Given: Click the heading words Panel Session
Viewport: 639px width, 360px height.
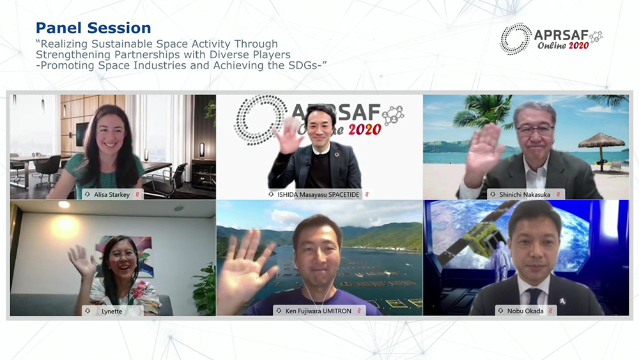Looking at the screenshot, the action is click(x=93, y=27).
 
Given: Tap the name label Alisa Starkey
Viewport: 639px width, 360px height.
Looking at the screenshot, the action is click(x=112, y=194).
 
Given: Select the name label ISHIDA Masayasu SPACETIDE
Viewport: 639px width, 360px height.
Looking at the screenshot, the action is click(x=318, y=194).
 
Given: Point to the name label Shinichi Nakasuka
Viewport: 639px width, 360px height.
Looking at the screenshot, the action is click(x=525, y=194).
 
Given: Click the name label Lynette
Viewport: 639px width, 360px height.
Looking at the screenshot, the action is click(x=112, y=311).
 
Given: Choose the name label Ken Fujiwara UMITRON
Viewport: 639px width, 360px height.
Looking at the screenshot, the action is click(x=318, y=311).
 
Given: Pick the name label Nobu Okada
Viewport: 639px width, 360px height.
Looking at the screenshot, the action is click(x=525, y=311).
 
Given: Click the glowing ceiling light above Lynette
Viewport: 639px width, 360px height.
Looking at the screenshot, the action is click(x=63, y=204).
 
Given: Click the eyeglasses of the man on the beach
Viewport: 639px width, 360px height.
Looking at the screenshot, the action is click(x=535, y=130).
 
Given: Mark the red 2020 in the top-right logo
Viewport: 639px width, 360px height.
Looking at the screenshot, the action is click(x=579, y=45).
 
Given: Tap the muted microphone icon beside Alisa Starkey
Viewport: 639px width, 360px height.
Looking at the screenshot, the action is click(x=137, y=194).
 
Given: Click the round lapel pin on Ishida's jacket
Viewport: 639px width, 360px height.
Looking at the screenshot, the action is click(x=336, y=155).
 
